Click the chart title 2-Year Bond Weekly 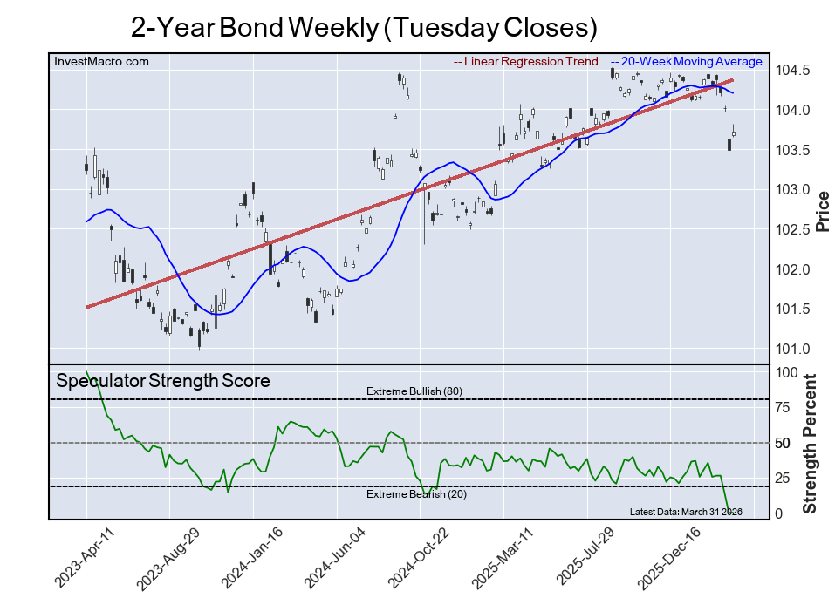[364, 27]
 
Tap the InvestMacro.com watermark [101, 61]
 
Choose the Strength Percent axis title [810, 443]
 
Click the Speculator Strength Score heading [163, 381]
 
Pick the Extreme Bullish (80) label [414, 391]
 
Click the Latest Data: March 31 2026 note [685, 512]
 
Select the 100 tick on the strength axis [786, 372]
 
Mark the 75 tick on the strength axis [783, 408]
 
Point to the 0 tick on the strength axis [778, 514]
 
